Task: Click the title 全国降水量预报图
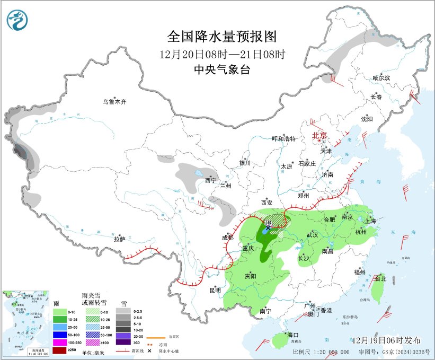[222, 37]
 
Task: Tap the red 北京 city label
[321, 135]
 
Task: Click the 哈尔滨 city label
[380, 78]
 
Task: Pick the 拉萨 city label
[119, 239]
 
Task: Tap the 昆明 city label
[215, 290]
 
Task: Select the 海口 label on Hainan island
[293, 335]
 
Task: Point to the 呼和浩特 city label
[284, 138]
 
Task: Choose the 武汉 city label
[312, 234]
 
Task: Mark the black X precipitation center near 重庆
[269, 227]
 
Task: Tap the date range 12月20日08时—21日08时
[222, 54]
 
